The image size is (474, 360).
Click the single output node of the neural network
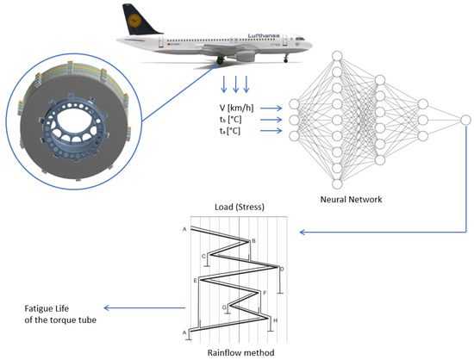pos(465,118)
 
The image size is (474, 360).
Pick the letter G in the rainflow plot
pos(224,307)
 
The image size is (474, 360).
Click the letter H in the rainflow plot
pos(275,320)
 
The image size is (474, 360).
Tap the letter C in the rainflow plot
pos(203,256)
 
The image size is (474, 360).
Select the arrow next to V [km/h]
pos(271,108)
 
